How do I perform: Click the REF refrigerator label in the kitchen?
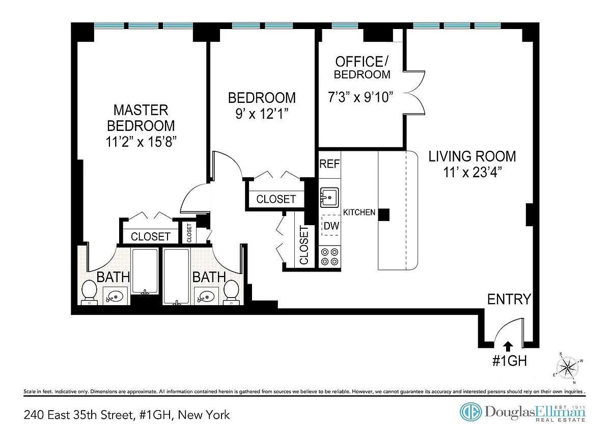click(x=329, y=164)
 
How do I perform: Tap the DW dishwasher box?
click(x=331, y=225)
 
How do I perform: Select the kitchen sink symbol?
click(x=329, y=197)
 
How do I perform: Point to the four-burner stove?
click(x=329, y=257)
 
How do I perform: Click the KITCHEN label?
click(x=359, y=212)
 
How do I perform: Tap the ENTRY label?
click(x=509, y=300)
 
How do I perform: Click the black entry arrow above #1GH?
click(x=508, y=346)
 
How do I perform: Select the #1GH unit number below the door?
click(x=509, y=361)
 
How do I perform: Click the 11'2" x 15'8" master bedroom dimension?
click(x=141, y=142)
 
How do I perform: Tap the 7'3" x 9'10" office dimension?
click(x=360, y=97)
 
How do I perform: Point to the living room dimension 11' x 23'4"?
click(x=472, y=172)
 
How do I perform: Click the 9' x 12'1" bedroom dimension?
click(x=262, y=114)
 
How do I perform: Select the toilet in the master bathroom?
click(x=89, y=292)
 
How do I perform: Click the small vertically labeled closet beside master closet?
click(x=189, y=232)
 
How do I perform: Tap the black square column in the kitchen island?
click(x=383, y=215)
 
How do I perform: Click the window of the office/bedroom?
click(x=345, y=25)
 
